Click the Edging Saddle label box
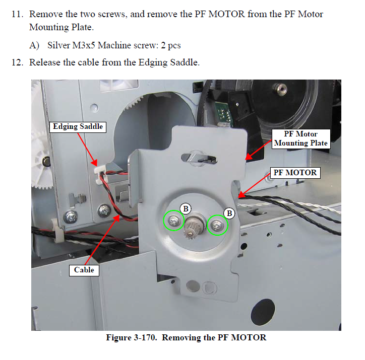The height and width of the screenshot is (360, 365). [x=78, y=126]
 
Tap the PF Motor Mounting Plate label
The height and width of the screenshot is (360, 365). [x=300, y=138]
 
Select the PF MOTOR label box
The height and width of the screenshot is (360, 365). [x=295, y=173]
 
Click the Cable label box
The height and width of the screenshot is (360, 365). [x=84, y=270]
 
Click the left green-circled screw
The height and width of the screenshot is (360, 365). [x=174, y=221]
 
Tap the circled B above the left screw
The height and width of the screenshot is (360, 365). [x=186, y=207]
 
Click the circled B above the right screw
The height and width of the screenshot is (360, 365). [x=230, y=213]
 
